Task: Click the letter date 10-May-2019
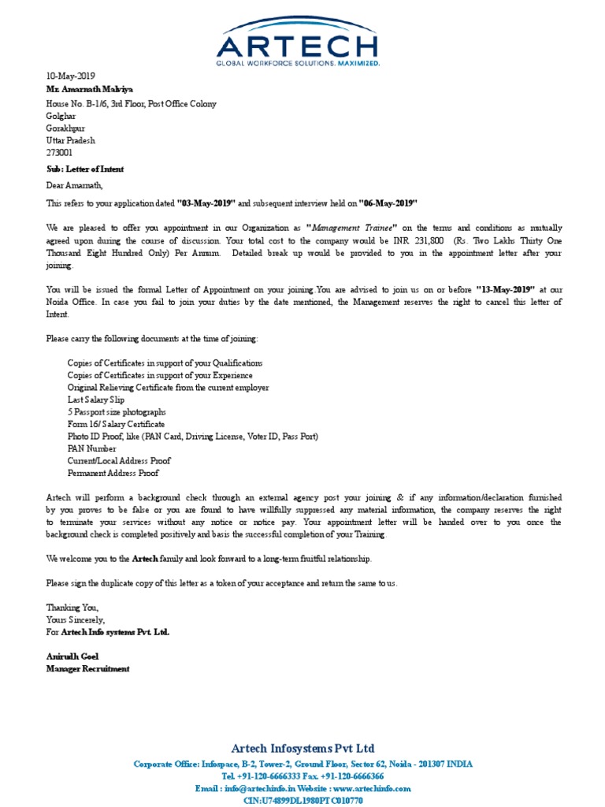coord(72,76)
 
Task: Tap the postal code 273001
coord(59,153)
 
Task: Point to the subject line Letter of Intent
coord(84,169)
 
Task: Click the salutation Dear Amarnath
coord(74,186)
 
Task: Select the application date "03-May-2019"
coord(206,203)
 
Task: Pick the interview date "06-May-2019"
coord(388,203)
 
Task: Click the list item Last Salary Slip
coord(96,400)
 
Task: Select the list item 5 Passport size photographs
coord(117,412)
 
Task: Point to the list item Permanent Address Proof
coord(113,473)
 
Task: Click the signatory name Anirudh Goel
coord(72,656)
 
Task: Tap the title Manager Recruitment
coord(87,668)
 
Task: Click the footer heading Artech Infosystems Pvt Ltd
coord(302,748)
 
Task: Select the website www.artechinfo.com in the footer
coord(371,788)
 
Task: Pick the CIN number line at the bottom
coord(302,801)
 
